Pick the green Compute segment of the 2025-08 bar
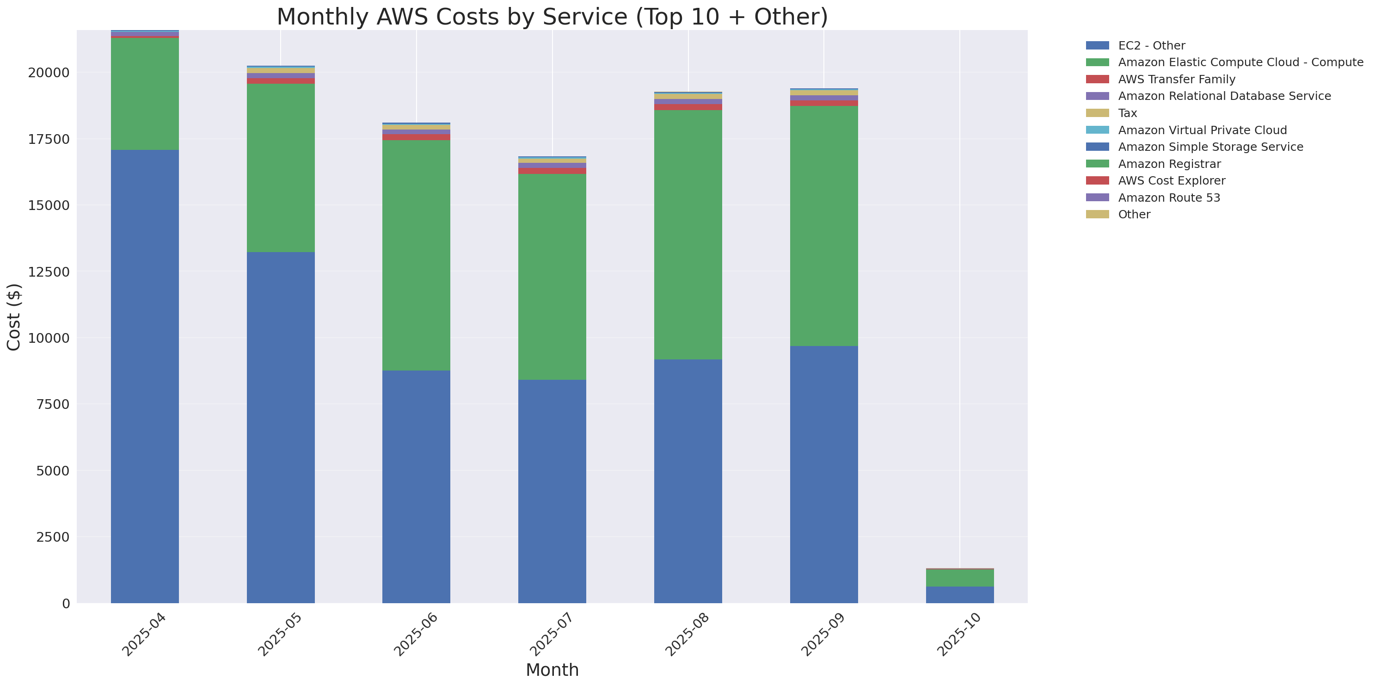click(x=688, y=235)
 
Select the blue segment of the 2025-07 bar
click(x=552, y=491)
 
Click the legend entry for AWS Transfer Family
click(x=1177, y=80)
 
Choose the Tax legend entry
click(x=1127, y=113)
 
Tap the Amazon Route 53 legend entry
click(x=1169, y=198)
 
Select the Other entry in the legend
click(x=1134, y=215)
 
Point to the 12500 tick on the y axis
click(x=49, y=272)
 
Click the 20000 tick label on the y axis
click(x=49, y=73)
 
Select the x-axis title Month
click(x=552, y=670)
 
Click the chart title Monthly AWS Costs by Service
click(x=552, y=17)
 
